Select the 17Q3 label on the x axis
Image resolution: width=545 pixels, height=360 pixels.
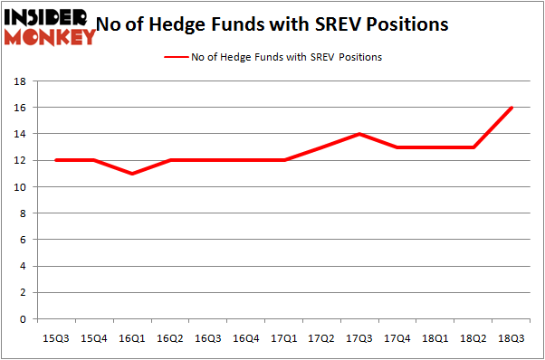pos(359,337)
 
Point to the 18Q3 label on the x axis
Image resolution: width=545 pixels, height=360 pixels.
pos(512,337)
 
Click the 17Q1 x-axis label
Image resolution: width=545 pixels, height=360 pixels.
pos(283,337)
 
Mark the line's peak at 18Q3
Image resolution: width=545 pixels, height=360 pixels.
pos(512,108)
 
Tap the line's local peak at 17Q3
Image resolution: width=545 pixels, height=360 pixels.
pos(359,134)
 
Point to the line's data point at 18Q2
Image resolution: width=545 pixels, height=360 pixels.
pos(473,147)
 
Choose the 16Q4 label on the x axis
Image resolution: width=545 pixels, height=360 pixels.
pos(245,337)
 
